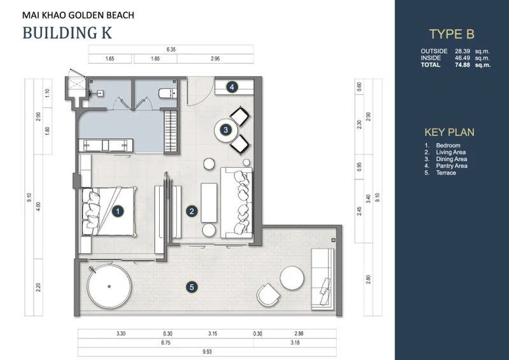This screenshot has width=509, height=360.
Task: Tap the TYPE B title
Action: pos(452,35)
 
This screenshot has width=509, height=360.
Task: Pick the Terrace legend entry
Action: pos(446,173)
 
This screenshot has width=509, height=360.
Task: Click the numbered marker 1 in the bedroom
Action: pos(116,209)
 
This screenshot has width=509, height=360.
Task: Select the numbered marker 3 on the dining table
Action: pos(226,130)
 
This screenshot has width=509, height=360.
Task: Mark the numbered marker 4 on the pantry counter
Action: pos(232,87)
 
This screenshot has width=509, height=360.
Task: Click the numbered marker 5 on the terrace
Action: pos(192,287)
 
